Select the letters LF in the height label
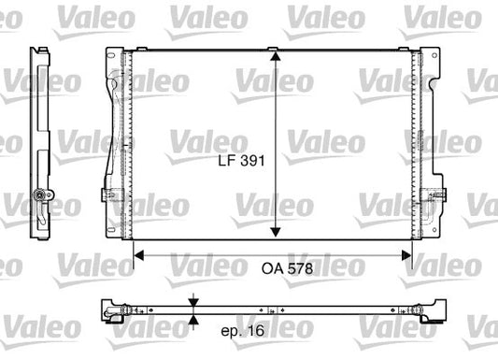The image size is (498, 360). pyautogui.click(x=222, y=160)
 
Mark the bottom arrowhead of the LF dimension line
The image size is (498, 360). pyautogui.click(x=276, y=234)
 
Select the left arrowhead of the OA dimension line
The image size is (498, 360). pyautogui.click(x=140, y=252)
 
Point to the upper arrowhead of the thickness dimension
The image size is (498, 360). pyautogui.click(x=192, y=300)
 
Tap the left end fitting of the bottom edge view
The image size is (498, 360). pyautogui.click(x=113, y=310)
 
